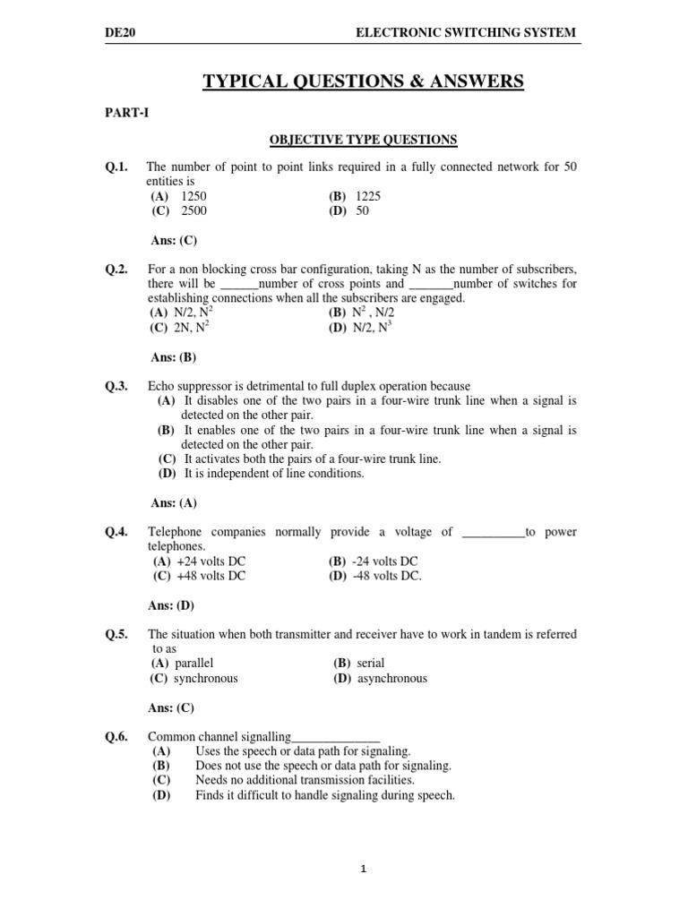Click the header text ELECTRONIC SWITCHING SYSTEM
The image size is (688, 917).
pos(466,33)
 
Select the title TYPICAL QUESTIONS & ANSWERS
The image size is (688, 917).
pos(363,82)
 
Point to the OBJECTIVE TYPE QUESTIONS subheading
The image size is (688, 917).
pos(364,139)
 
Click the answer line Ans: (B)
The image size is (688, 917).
pos(173,356)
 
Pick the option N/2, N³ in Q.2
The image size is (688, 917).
pos(373,328)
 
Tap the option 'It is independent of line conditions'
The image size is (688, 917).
pos(274,474)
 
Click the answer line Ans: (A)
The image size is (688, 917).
pos(173,502)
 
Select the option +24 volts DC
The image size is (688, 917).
pos(211,561)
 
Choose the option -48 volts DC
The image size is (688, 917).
pos(387,576)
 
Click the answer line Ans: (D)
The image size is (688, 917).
pos(173,604)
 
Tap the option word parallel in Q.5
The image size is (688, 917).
pos(194,663)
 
